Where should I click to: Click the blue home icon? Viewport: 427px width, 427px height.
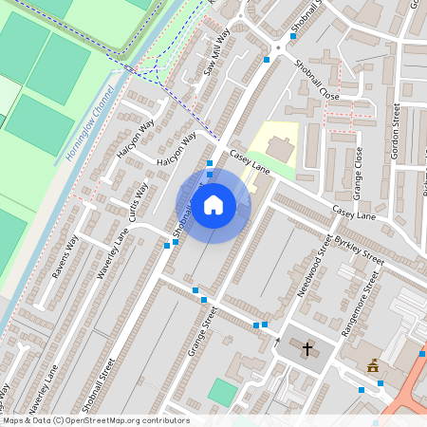pyautogui.click(x=213, y=204)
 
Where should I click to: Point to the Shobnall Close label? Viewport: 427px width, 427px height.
pyautogui.click(x=316, y=80)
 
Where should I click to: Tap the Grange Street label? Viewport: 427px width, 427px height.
pyautogui.click(x=203, y=330)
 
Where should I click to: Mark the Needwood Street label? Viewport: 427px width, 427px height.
pyautogui.click(x=318, y=269)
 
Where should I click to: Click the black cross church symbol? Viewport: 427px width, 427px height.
pyautogui.click(x=307, y=348)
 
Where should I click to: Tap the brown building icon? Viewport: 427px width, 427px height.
pyautogui.click(x=373, y=364)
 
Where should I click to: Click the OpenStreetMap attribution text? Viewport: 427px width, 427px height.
pyautogui.click(x=95, y=420)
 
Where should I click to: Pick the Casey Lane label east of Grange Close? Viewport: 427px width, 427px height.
pyautogui.click(x=353, y=213)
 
